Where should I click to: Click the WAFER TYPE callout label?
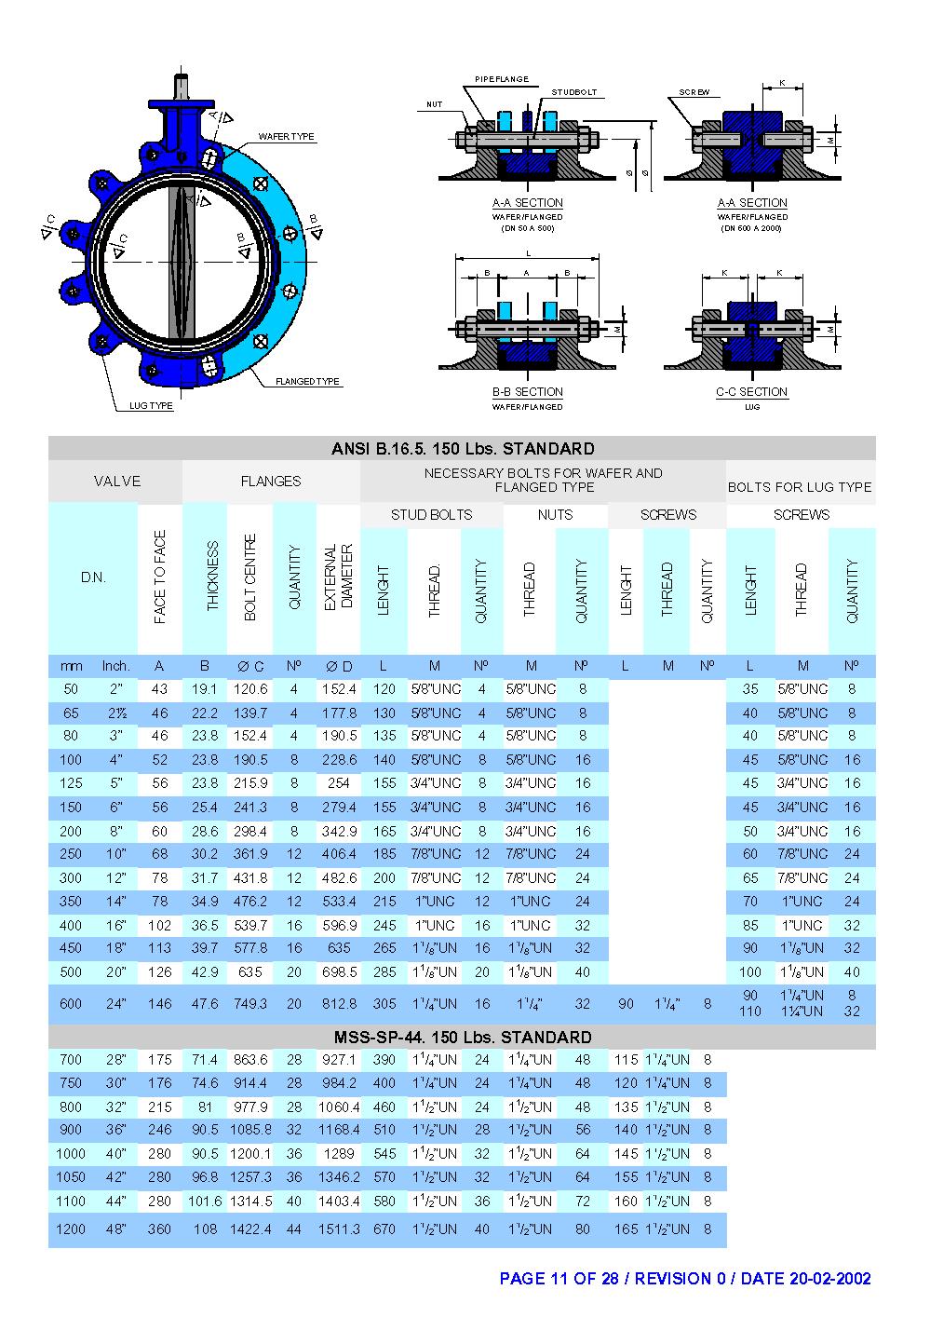(x=286, y=136)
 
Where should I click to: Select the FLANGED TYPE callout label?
(x=307, y=382)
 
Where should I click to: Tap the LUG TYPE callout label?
(x=151, y=406)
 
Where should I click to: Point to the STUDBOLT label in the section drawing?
(x=574, y=92)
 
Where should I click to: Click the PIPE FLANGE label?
(x=502, y=79)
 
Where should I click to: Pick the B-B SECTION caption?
(x=528, y=392)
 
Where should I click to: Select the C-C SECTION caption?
(x=751, y=392)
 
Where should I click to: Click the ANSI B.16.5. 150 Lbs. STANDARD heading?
(x=463, y=449)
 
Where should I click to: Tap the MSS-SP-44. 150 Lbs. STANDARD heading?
(x=463, y=1038)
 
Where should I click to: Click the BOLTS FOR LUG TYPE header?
(x=800, y=487)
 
